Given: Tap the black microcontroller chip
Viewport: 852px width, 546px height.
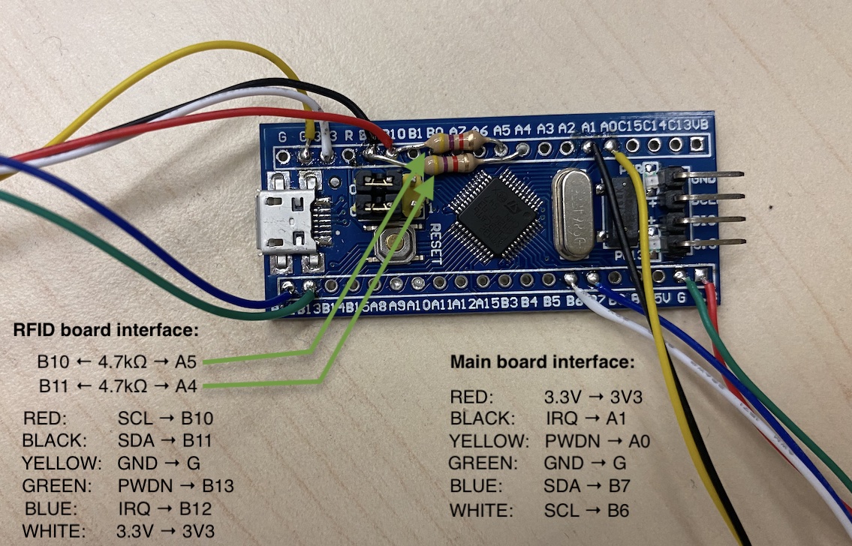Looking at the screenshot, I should pyautogui.click(x=498, y=212).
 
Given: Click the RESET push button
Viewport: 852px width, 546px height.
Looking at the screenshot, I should pyautogui.click(x=400, y=244).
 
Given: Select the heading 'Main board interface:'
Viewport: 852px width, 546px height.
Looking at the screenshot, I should pyautogui.click(x=542, y=362).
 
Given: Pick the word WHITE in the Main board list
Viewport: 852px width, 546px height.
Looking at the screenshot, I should pyautogui.click(x=481, y=511).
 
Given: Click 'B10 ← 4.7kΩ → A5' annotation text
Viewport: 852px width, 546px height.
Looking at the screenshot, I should pyautogui.click(x=117, y=363).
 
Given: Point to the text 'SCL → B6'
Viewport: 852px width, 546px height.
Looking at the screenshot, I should pyautogui.click(x=586, y=511).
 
